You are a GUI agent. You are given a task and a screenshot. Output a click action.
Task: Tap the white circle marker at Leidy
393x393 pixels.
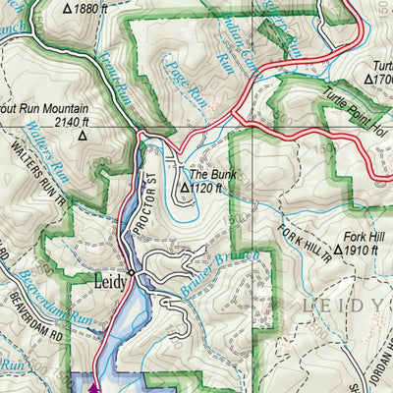click(131, 272)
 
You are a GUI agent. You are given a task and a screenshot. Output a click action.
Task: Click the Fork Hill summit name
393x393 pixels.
click(364, 237)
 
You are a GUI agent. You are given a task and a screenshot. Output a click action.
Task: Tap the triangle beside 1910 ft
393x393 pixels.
click(338, 251)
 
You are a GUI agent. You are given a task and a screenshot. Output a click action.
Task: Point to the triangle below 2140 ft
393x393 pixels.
click(83, 137)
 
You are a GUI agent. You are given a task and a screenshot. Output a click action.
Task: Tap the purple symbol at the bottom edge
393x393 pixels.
click(94, 386)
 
